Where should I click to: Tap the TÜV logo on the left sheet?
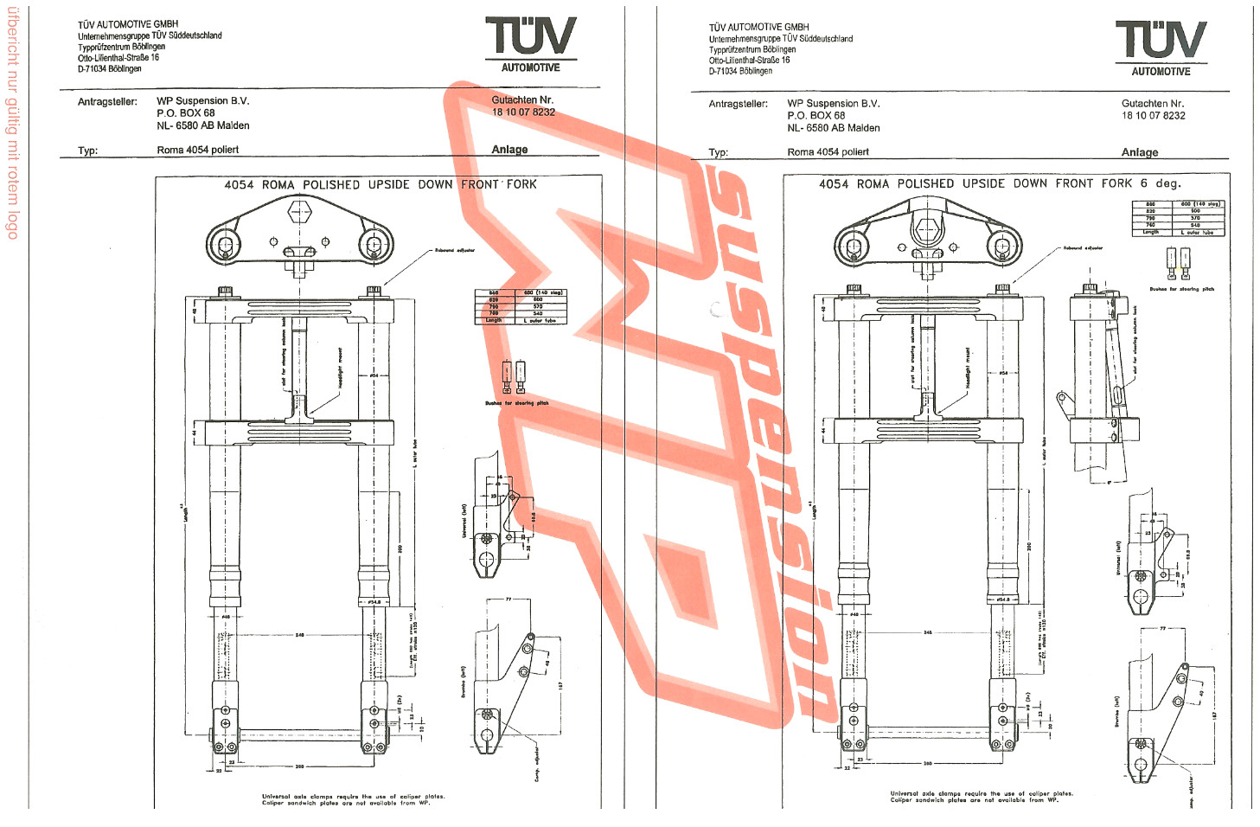[530, 36]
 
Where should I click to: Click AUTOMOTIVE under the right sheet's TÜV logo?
[1161, 72]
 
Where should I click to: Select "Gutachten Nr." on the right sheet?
[1153, 104]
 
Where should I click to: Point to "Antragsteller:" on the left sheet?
[107, 102]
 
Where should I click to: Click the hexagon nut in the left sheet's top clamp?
[299, 212]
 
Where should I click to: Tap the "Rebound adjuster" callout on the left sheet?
[454, 250]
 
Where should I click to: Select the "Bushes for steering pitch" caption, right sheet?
[1181, 289]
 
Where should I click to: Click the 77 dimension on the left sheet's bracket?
[508, 599]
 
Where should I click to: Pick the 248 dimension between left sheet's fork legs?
[299, 635]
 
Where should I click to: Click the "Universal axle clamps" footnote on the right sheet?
[982, 797]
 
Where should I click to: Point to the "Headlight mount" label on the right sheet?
[968, 368]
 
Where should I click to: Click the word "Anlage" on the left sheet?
[509, 150]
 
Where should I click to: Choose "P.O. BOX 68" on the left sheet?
[186, 113]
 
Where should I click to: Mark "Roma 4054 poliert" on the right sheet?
[828, 152]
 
